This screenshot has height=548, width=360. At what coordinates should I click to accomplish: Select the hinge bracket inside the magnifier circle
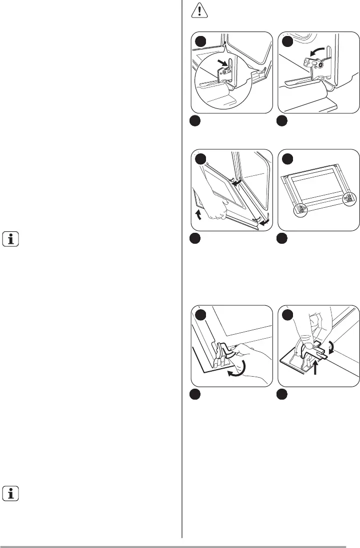coord(226,69)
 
